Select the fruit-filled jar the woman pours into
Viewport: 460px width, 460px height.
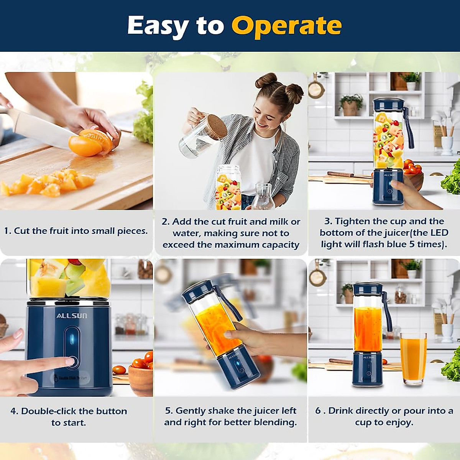(228, 188)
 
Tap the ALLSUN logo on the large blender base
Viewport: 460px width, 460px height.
(72, 316)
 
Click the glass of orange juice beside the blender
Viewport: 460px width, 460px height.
(413, 358)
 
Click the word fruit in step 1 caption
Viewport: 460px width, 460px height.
(59, 231)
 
